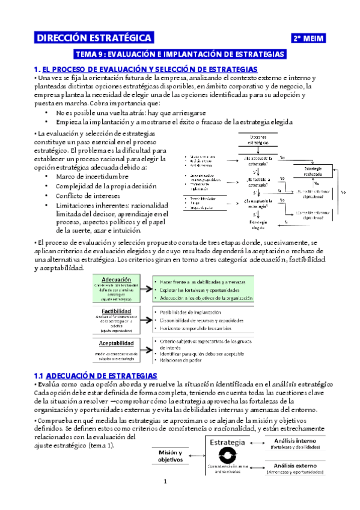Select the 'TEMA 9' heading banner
coord(178,54)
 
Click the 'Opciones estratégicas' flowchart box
coord(258,141)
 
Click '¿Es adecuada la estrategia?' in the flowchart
coord(258,159)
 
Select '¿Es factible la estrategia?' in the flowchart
coord(259,181)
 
